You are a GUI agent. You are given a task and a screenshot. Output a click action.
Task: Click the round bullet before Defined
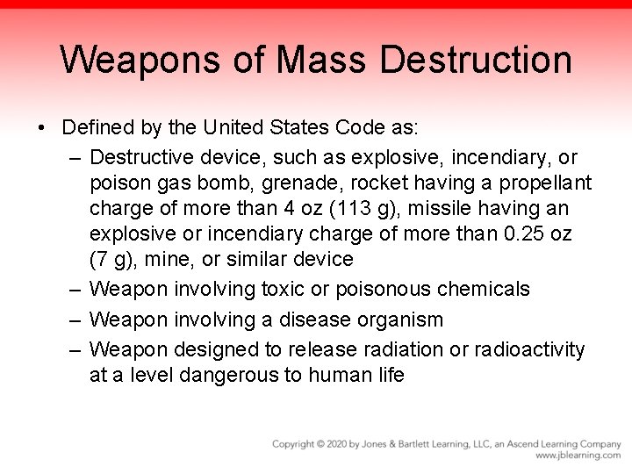point(43,128)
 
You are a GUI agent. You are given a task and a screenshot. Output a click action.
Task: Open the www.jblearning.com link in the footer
point(578,456)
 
